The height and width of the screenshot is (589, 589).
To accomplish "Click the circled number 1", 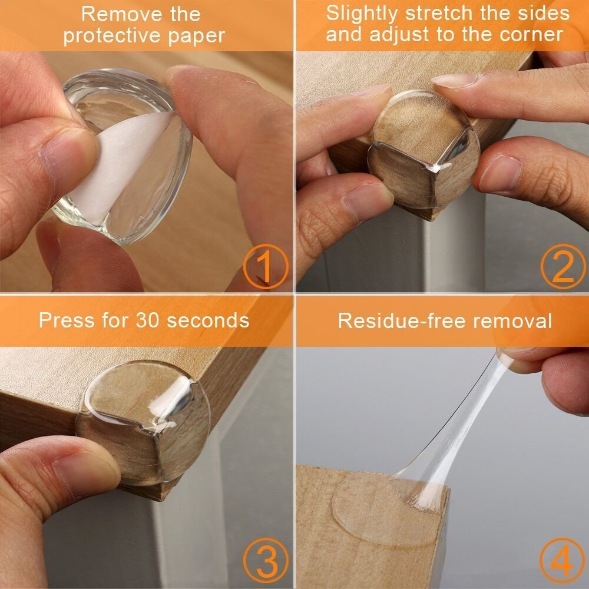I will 266,266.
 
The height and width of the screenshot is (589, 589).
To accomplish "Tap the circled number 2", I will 562,266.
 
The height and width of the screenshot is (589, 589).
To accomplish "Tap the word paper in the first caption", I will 195,35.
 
